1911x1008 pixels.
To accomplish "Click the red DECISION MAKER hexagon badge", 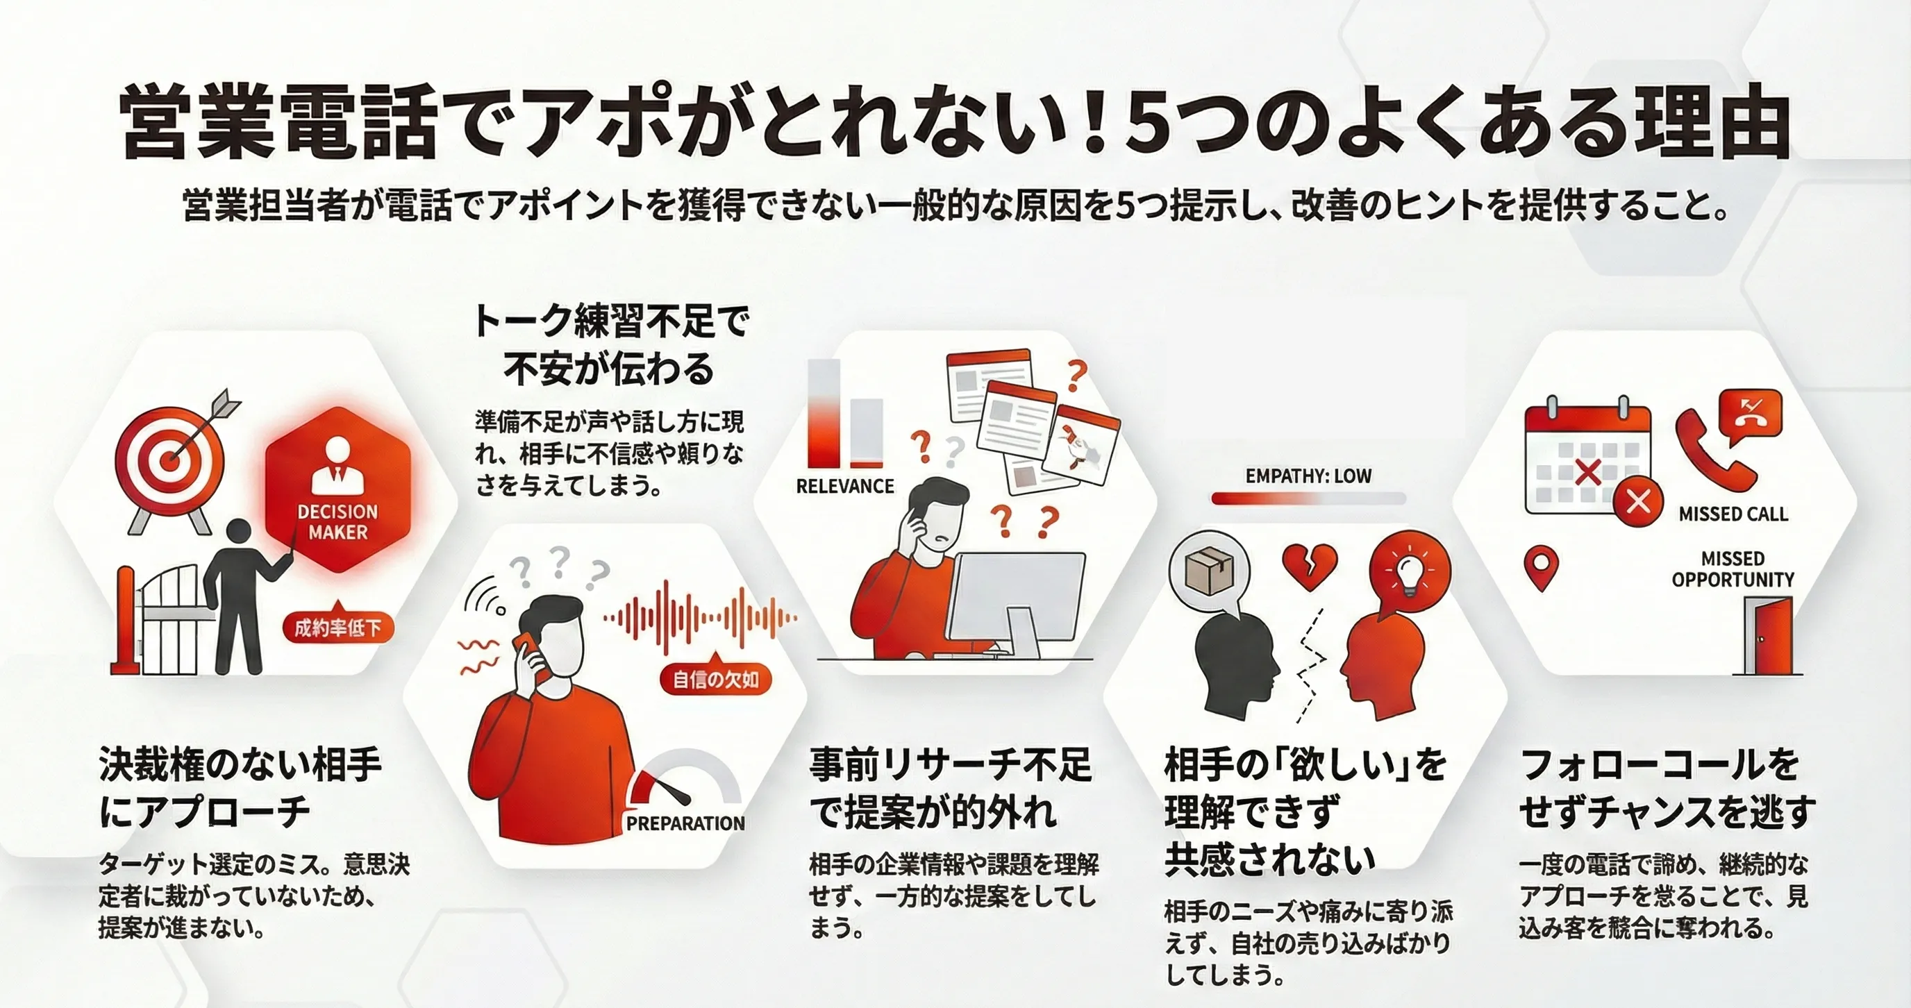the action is pos(337,489).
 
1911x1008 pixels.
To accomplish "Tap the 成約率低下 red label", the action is pos(337,628).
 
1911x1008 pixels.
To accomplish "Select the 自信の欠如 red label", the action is pos(715,680).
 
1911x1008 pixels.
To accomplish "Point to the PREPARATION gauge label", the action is pos(685,823).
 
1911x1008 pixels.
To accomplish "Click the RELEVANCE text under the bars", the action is pos(845,487).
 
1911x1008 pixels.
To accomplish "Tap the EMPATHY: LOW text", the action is pos(1309,476).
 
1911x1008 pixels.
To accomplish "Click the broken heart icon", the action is pos(1310,566).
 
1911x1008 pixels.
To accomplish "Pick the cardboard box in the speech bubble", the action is pos(1209,572).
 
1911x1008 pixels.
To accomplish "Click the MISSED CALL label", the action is pos(1734,514).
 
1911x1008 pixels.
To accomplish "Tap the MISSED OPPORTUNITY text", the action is pos(1733,569).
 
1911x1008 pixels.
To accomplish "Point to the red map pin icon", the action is pos(1541,567).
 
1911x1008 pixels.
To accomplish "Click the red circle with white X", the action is pos(1638,501).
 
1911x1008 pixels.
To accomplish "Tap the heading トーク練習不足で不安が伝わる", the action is pos(610,345).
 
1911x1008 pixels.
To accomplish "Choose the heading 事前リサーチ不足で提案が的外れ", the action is pos(951,789).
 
